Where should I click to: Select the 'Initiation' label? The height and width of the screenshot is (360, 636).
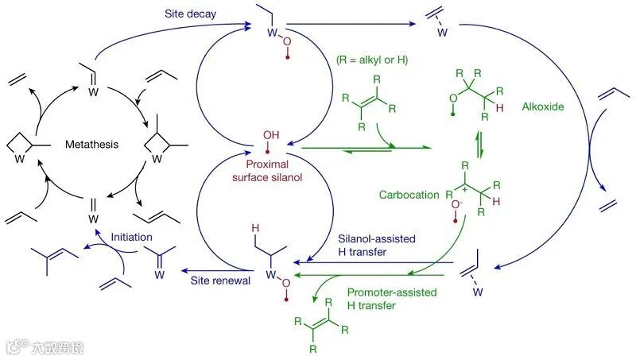point(130,238)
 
